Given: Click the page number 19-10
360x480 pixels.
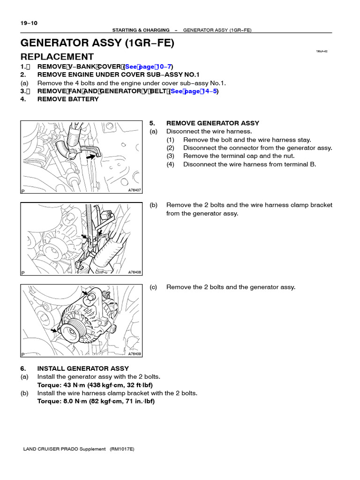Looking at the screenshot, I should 29,23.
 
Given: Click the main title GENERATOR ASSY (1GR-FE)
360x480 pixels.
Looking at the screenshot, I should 97,43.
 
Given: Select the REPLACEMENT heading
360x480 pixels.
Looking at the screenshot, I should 57,57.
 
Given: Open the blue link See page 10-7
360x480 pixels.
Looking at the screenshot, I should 149,67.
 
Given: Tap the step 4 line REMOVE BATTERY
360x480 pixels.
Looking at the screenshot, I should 67,99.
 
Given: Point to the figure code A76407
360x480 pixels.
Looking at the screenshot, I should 134,190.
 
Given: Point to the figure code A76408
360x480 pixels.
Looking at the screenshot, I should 134,272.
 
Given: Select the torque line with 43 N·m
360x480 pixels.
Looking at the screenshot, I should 96,385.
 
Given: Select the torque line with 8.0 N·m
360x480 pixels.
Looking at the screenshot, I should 96,401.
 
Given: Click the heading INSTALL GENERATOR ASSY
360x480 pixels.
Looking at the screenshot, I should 82,368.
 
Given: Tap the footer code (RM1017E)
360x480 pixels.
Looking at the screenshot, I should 122,449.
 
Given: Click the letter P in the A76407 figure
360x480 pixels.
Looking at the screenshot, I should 23,191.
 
